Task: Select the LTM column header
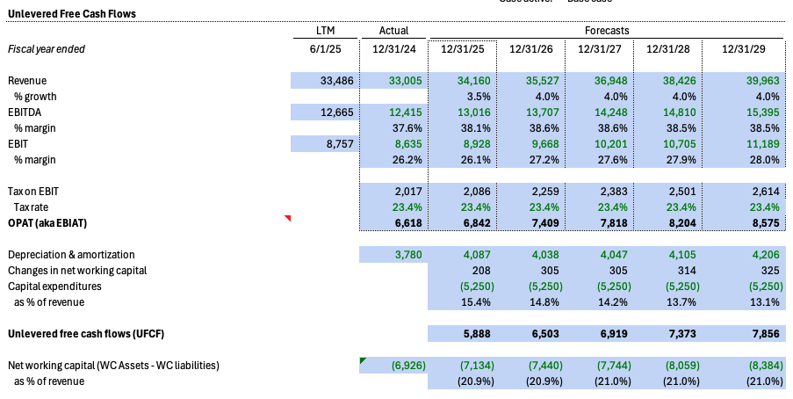tap(325, 31)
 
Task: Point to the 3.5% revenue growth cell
tap(479, 96)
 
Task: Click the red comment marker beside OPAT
tap(287, 218)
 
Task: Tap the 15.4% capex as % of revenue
tap(479, 302)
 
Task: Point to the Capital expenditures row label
tap(54, 287)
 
